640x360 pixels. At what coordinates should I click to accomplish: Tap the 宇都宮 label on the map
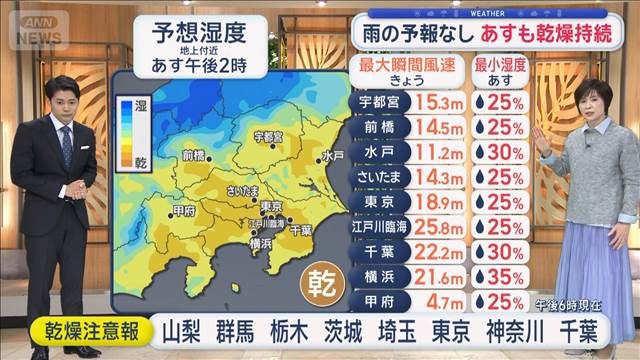(x=268, y=135)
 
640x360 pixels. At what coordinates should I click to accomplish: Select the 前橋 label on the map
(x=194, y=155)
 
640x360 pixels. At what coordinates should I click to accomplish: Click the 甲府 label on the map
(x=183, y=211)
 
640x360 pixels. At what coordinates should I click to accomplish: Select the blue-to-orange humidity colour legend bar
(x=126, y=128)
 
